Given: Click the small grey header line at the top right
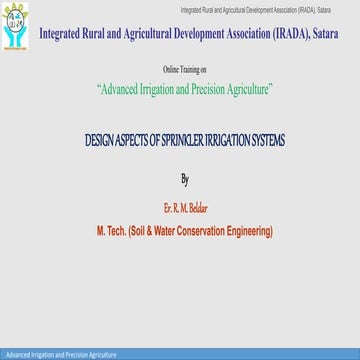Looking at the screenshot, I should (269, 8).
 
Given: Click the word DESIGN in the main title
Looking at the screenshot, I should (103, 141).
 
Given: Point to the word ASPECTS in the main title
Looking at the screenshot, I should (140, 141).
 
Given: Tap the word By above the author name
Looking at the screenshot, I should (184, 181).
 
